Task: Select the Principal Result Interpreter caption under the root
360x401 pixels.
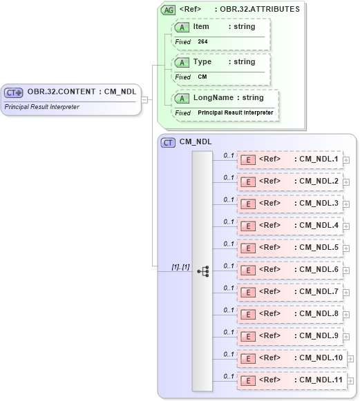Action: (x=41, y=107)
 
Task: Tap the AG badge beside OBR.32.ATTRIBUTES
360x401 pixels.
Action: (x=168, y=10)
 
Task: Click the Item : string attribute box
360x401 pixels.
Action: (x=221, y=27)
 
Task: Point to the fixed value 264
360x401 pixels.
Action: (x=202, y=42)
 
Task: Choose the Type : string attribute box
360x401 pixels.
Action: (x=221, y=62)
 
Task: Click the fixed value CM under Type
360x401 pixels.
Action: (x=202, y=77)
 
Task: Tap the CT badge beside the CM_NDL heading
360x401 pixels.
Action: (x=168, y=142)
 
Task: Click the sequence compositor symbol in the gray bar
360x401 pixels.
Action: (x=202, y=271)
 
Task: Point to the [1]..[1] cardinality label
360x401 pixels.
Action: (x=180, y=266)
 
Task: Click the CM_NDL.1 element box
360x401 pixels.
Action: (x=290, y=160)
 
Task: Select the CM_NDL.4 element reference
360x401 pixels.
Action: (x=290, y=226)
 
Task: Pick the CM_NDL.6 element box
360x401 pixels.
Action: (x=290, y=270)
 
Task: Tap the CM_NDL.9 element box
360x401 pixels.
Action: (x=290, y=336)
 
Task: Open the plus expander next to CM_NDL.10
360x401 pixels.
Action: (x=350, y=359)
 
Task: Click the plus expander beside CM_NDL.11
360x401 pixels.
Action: (x=350, y=381)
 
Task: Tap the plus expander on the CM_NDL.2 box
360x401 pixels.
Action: (x=346, y=182)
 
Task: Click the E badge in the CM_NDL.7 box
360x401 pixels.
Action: (x=247, y=293)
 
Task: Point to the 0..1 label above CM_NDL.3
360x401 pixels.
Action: (x=228, y=199)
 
